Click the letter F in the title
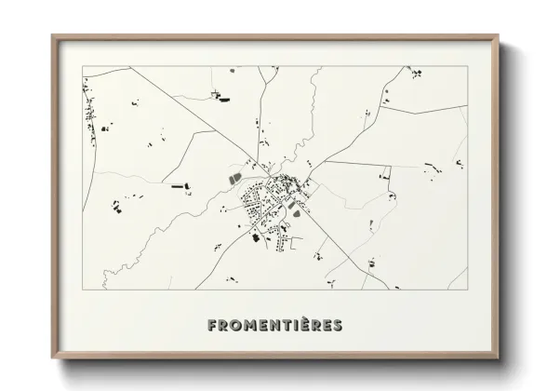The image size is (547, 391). click(x=213, y=325)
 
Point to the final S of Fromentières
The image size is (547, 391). click(x=336, y=325)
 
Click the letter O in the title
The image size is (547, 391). click(x=236, y=325)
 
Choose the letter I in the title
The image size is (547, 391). click(x=299, y=325)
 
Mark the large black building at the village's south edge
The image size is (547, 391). click(x=255, y=236)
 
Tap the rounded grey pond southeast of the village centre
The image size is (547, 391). click(x=295, y=209)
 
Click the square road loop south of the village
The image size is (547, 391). click(x=297, y=244)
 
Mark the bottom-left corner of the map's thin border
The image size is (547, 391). click(x=84, y=290)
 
